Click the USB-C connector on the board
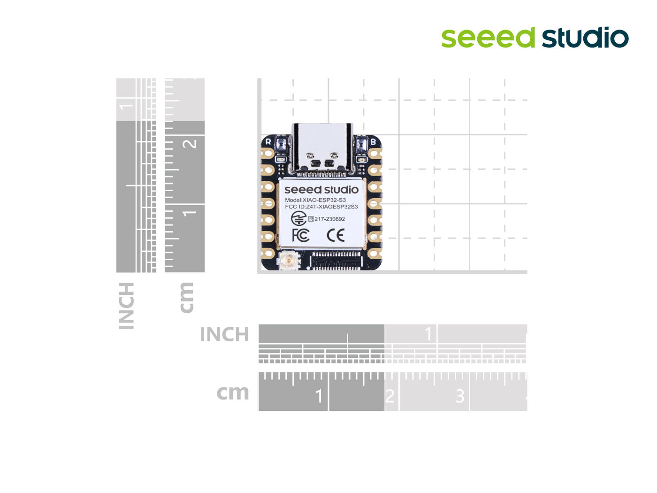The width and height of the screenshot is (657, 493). pos(322,148)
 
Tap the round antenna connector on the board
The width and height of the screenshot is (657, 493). pos(287,261)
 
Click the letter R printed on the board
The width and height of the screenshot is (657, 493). pos(268,141)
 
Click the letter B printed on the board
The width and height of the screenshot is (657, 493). pos(373,141)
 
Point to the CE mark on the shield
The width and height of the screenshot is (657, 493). pos(336,235)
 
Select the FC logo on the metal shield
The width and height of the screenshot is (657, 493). pos(300,235)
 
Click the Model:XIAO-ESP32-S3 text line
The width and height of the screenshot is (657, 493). pos(315,200)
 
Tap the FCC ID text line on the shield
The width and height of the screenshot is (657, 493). pos(321,207)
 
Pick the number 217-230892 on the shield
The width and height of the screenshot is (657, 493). pos(329,219)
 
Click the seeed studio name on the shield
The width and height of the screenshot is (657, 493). pos(321,190)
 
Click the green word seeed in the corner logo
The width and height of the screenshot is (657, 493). pos(488,38)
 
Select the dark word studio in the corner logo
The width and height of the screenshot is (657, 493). pos(585,38)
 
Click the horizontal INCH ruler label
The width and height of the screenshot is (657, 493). pos(224,335)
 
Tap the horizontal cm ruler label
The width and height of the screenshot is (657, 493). pos(233,393)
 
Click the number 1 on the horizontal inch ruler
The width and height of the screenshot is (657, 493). pos(428,334)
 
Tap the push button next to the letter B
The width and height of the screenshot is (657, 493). pos(361,144)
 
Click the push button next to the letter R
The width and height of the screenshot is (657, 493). pos(281,144)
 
